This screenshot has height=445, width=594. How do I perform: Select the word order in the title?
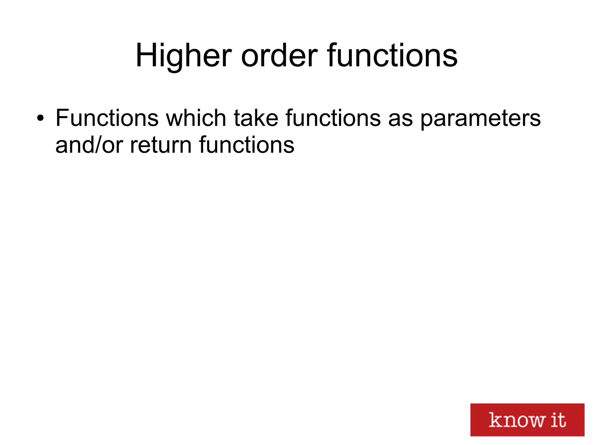[x=279, y=56]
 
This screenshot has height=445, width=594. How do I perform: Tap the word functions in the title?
[x=392, y=56]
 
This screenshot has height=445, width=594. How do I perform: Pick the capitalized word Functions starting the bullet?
[x=107, y=118]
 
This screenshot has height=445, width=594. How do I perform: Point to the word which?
[x=196, y=118]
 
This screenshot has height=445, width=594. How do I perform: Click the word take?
[x=256, y=118]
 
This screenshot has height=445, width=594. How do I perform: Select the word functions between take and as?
[x=333, y=118]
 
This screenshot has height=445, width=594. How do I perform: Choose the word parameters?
[x=480, y=119]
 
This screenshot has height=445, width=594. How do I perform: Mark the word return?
[x=161, y=145]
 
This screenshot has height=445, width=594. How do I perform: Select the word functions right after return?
[x=247, y=145]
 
